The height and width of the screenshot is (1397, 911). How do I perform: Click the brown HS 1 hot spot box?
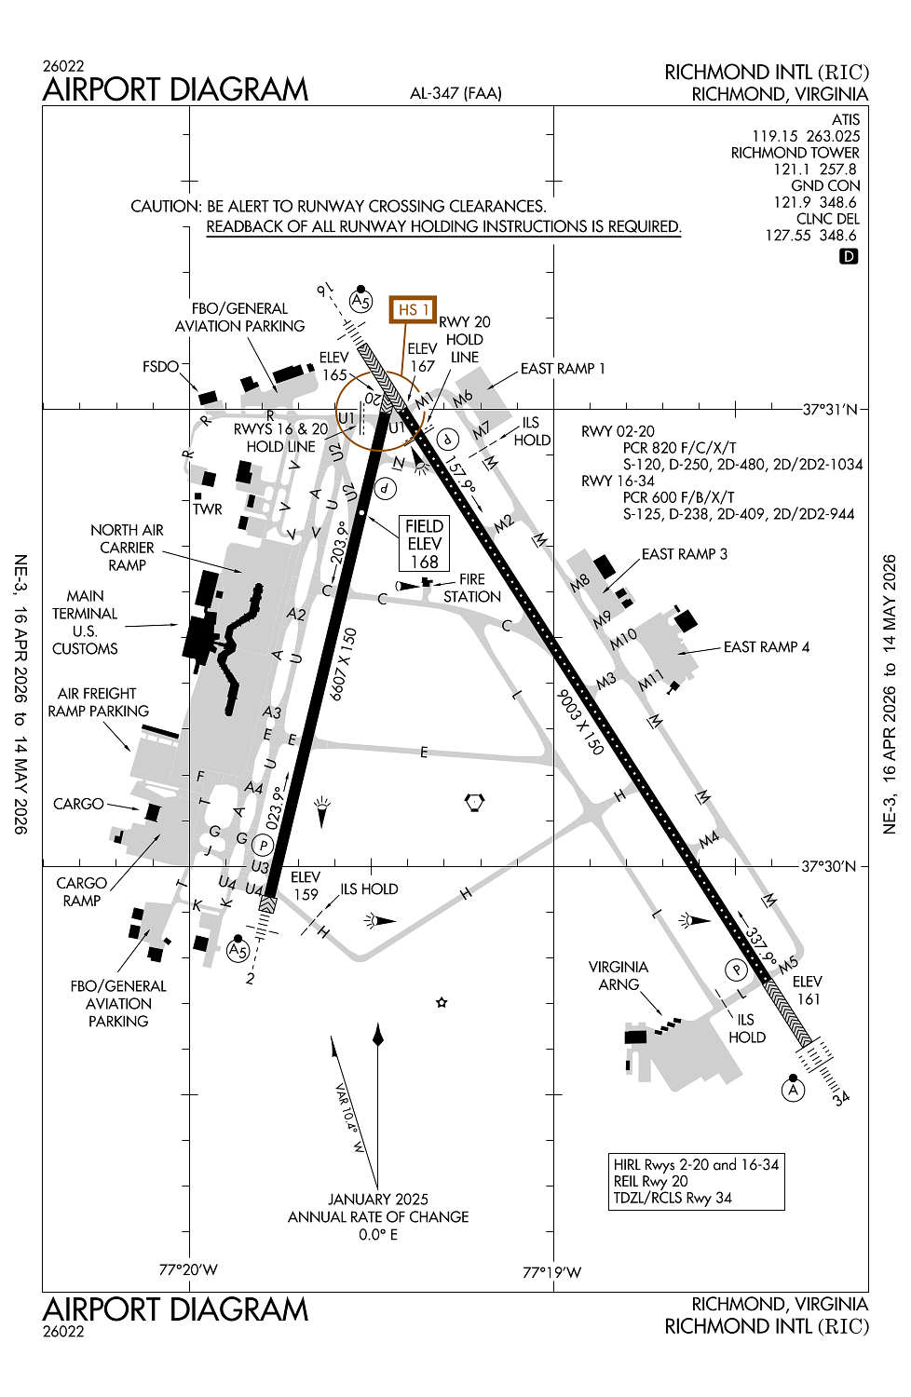tap(413, 309)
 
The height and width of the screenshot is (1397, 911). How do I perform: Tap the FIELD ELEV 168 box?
tap(424, 544)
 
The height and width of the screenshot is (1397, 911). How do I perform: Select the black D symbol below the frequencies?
tap(848, 256)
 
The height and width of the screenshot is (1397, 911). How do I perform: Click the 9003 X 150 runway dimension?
tap(580, 723)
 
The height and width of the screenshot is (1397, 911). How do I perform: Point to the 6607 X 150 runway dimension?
tap(344, 664)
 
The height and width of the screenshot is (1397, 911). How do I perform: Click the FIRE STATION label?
tap(471, 588)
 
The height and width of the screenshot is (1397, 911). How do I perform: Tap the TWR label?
tap(207, 509)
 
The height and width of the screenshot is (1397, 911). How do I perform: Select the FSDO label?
tap(160, 367)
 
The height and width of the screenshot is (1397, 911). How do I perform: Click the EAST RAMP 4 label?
tap(766, 647)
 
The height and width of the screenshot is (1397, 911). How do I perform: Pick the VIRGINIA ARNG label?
tap(619, 976)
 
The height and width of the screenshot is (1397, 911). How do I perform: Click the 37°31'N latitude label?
tap(830, 409)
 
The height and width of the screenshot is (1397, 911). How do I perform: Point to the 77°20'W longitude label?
tap(188, 1269)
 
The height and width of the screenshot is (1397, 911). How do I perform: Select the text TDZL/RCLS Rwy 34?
tap(673, 1198)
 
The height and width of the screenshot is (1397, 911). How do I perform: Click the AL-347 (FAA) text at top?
tap(455, 93)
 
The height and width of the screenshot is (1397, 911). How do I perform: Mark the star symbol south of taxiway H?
tap(442, 1003)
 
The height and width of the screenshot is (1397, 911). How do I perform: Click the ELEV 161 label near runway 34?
tap(807, 990)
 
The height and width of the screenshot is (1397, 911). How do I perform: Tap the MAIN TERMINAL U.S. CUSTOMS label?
tap(85, 622)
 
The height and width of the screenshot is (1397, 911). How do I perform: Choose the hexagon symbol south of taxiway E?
tap(474, 802)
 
